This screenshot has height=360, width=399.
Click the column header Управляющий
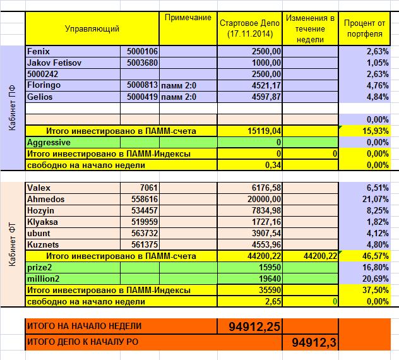click(x=92, y=28)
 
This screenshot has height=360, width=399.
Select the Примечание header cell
click(x=188, y=18)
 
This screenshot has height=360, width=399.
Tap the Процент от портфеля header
click(x=369, y=28)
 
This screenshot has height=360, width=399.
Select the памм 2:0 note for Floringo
click(x=179, y=85)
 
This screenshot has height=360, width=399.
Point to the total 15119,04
click(x=264, y=131)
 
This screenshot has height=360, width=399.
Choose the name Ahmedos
click(x=45, y=199)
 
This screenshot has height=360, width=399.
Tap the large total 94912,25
click(x=251, y=326)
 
